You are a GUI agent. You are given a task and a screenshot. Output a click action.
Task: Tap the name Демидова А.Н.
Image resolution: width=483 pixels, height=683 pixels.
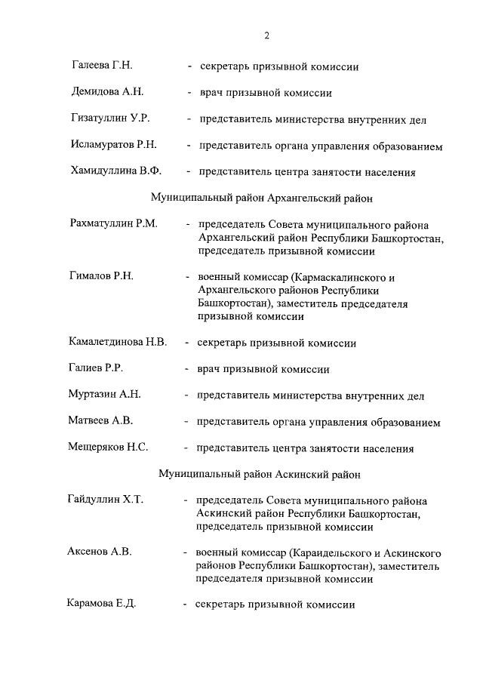106,92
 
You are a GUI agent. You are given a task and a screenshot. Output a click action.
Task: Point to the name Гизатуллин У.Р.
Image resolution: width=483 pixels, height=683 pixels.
110,118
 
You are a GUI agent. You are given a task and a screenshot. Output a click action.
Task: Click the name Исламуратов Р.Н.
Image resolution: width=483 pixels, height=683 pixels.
113,144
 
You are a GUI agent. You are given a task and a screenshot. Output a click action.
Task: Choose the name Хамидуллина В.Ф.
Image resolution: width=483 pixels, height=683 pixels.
116,171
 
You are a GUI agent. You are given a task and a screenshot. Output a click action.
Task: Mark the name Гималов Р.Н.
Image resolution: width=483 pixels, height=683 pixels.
101,277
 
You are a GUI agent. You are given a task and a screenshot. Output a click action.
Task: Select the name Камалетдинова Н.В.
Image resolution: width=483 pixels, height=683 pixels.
118,342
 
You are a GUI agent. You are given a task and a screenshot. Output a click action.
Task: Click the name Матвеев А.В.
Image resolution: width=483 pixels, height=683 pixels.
101,421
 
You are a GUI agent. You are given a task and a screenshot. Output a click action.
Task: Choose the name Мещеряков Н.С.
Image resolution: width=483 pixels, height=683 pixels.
108,448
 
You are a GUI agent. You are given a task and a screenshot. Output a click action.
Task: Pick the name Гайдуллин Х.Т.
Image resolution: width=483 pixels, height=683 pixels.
106,500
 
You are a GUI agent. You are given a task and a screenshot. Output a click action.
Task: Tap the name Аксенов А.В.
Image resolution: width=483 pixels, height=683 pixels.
100,552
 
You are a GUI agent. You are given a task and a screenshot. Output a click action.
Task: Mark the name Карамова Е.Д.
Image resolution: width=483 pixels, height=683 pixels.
101,605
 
